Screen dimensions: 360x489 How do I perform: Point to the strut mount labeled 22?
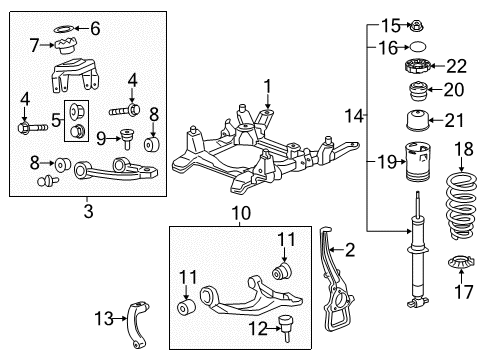pos(417,68)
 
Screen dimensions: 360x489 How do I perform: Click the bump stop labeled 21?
pos(416,123)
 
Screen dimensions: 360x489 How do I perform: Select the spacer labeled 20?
pos(417,95)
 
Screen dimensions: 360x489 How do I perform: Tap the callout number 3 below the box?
pos(88,211)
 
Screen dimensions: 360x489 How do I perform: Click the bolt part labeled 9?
pos(128,138)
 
